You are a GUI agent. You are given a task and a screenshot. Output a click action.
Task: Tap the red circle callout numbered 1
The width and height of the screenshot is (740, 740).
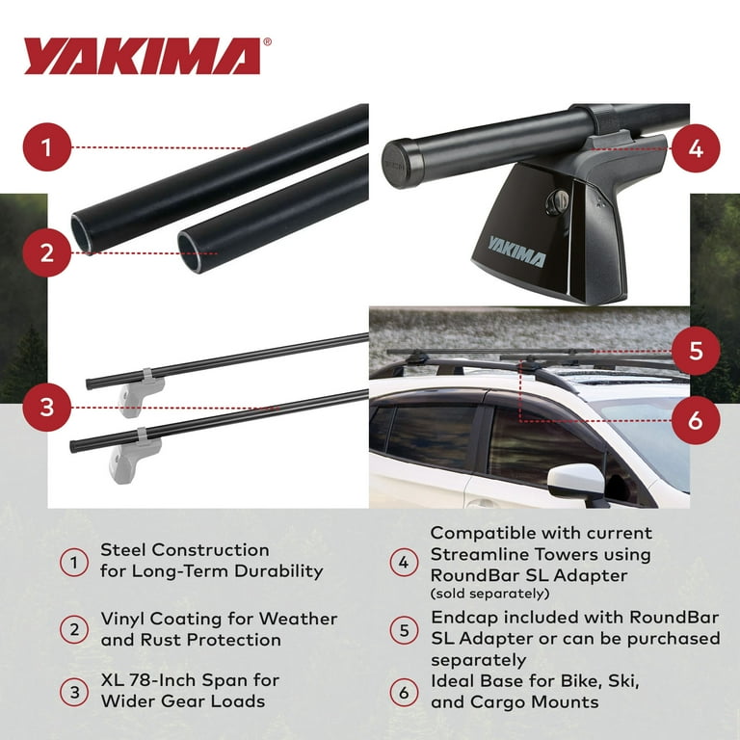pos(47,148)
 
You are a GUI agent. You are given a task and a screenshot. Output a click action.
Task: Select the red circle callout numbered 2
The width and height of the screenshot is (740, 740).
pos(47,254)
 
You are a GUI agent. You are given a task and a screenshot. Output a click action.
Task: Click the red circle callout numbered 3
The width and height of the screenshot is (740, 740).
pos(47,407)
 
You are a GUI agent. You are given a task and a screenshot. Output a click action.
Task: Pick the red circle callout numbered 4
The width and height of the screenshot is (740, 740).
pos(696,148)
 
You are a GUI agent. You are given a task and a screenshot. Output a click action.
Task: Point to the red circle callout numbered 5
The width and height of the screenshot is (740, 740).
pos(696,352)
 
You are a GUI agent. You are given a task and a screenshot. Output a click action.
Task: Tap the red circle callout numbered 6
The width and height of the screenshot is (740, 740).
pos(696,420)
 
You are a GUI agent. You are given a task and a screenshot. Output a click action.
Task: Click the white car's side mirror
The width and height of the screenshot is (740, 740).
pos(576,481)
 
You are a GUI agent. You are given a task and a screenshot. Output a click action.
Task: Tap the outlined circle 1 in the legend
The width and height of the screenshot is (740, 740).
pos(74,562)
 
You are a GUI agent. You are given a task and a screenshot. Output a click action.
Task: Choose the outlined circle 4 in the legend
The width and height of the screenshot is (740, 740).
pos(404,562)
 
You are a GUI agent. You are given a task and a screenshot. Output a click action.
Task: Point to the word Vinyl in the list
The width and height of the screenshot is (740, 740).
pos(125,620)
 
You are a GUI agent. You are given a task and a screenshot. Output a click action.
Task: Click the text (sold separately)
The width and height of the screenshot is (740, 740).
pos(489,593)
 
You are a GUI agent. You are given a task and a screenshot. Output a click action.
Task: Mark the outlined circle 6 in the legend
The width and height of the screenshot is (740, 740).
pos(404,692)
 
